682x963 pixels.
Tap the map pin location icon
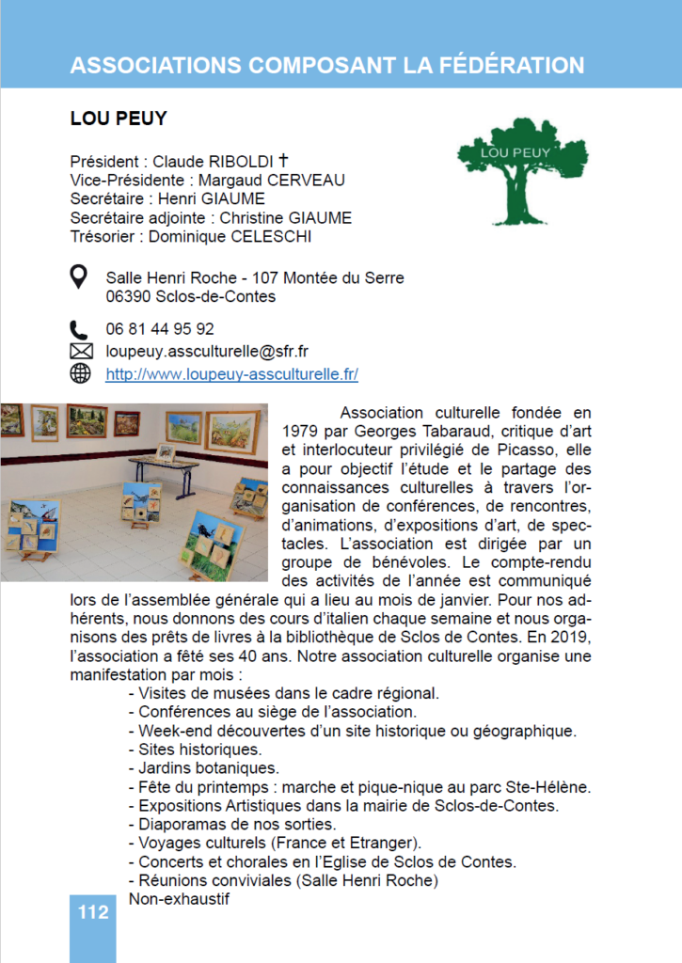click(81, 277)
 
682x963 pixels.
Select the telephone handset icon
click(80, 329)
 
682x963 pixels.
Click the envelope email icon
click(81, 352)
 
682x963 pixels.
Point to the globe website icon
click(81, 373)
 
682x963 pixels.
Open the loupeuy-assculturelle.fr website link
click(232, 374)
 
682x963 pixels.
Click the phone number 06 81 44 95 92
click(160, 329)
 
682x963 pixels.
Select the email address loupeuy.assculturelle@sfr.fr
click(208, 352)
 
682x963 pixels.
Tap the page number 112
click(93, 912)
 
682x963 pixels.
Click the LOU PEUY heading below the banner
click(119, 119)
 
